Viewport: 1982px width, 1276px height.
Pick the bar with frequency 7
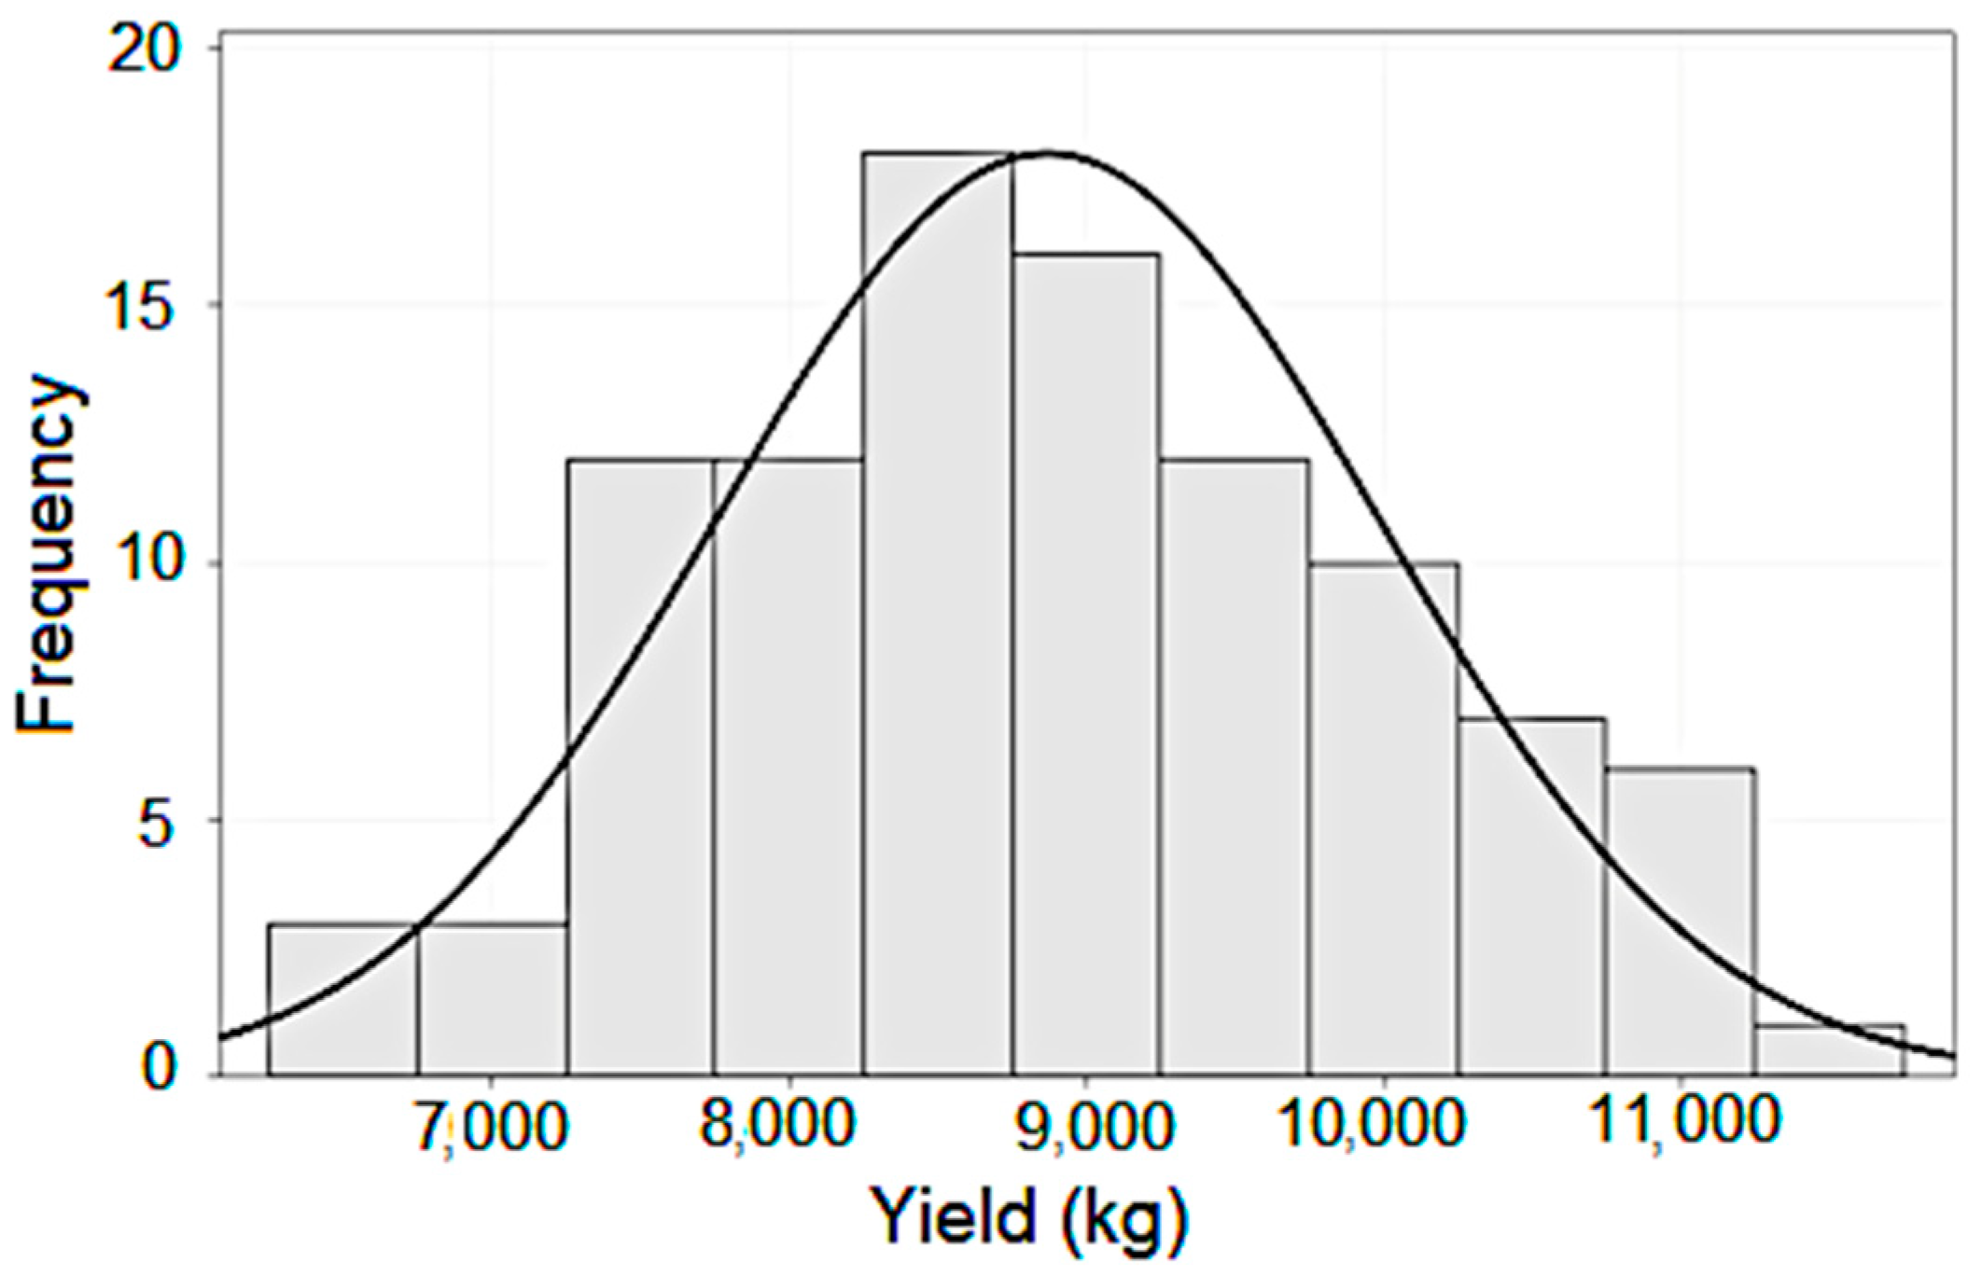point(1532,896)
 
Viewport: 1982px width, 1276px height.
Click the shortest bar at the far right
point(1829,1050)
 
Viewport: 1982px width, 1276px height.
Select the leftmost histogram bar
point(342,999)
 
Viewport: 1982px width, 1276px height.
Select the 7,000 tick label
point(492,1126)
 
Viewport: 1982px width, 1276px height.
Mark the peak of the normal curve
point(1045,153)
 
